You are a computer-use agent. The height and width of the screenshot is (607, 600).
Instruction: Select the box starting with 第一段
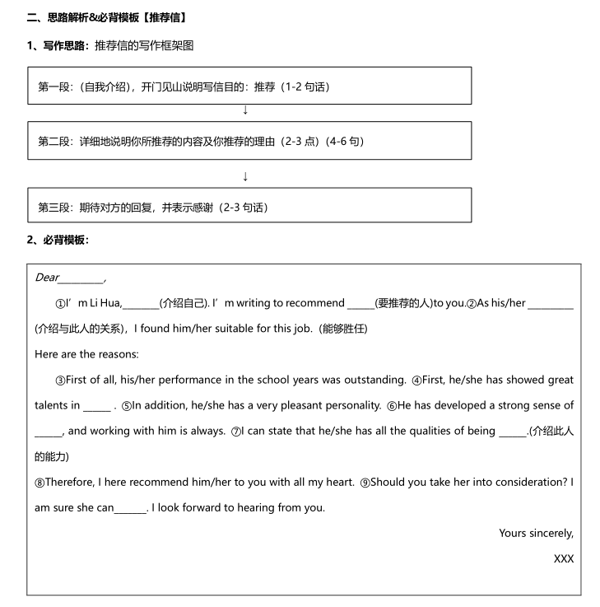(x=249, y=86)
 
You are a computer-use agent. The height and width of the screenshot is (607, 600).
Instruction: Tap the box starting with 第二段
(x=249, y=141)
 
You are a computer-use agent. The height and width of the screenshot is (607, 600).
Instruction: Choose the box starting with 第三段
(x=249, y=206)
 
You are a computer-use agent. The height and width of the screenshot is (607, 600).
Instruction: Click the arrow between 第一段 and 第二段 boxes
(x=245, y=110)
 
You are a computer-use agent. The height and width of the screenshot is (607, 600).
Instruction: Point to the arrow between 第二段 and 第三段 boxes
(x=245, y=176)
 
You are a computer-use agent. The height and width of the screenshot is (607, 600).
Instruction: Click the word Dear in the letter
(x=47, y=278)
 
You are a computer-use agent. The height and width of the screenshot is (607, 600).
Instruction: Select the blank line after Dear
(x=81, y=279)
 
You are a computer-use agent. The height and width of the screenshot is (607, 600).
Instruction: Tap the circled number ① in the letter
(x=60, y=303)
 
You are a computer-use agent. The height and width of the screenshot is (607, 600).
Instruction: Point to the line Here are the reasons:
(x=87, y=354)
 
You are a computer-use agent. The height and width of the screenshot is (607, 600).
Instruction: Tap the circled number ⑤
(x=126, y=405)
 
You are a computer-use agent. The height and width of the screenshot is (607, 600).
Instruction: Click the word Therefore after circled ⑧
(x=71, y=482)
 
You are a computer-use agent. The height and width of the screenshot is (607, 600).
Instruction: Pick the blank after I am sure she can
(x=130, y=509)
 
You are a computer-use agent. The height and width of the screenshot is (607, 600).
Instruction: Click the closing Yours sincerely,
(x=536, y=533)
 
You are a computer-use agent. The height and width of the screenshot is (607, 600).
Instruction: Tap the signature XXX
(x=564, y=558)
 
